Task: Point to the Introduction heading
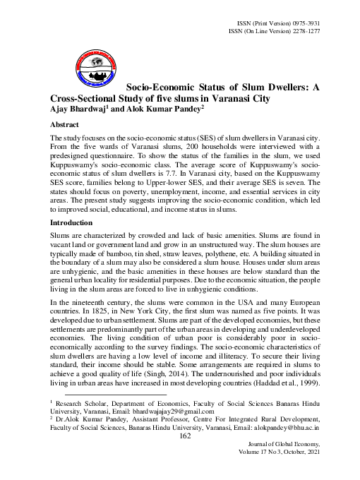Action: click(x=73, y=222)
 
